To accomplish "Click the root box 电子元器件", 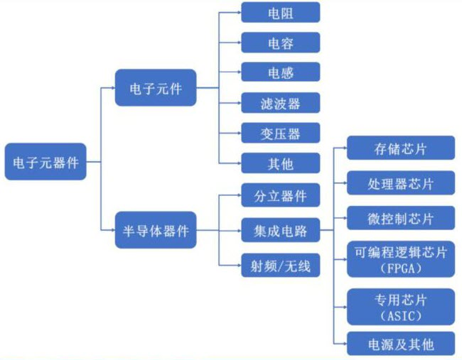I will (45, 162).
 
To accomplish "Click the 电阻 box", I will (280, 12).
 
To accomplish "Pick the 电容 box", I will (280, 42).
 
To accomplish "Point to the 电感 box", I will (280, 72).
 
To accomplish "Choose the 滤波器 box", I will (280, 103).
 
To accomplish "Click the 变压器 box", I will (280, 133).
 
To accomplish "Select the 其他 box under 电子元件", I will (280, 163).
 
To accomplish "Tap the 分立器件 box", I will (280, 194).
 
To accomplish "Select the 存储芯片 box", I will (400, 148).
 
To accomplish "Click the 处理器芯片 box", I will (400, 182).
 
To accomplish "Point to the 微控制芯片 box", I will (400, 217).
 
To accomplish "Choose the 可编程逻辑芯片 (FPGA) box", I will (400, 258).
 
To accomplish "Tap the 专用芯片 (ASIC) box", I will (400, 306).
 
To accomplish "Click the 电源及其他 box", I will (400, 344).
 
